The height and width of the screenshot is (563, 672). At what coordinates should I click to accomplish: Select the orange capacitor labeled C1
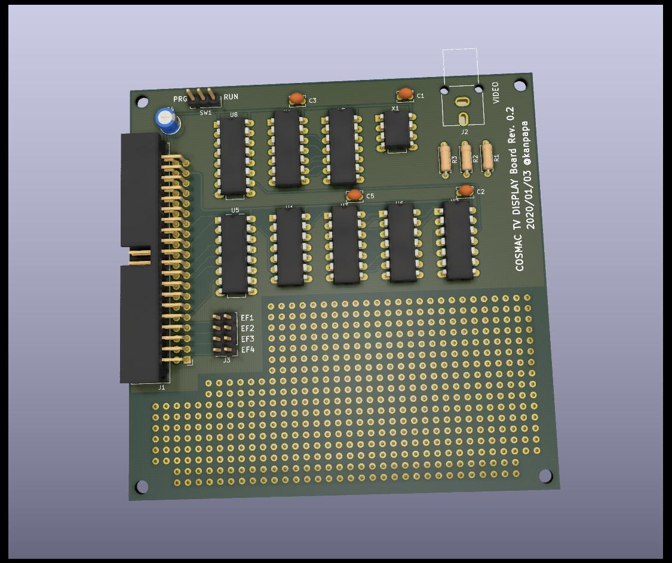405,94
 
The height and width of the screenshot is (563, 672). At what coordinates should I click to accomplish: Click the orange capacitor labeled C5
354,195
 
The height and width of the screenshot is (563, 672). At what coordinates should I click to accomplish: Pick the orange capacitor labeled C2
465,190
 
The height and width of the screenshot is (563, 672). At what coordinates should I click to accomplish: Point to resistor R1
487,157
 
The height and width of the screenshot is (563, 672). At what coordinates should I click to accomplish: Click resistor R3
444,158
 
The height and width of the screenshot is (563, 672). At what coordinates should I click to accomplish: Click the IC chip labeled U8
232,156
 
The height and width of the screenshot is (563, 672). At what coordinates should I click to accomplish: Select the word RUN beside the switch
231,97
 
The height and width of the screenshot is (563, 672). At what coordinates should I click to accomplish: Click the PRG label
180,99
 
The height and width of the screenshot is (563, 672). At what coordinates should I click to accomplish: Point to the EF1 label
247,318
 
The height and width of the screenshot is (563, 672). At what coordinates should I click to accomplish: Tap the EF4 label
248,349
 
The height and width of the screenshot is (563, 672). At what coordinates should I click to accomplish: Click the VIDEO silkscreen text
495,93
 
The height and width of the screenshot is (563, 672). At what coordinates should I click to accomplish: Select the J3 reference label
226,360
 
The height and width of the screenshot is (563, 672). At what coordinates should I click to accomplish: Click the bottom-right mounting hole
545,475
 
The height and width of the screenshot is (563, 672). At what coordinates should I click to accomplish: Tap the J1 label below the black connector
161,387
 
